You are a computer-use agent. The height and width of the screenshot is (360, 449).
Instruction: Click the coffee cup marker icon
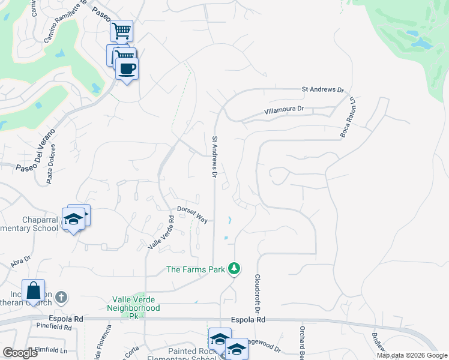click(x=127, y=68)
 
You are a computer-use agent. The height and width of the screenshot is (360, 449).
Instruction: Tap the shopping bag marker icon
click(x=34, y=290)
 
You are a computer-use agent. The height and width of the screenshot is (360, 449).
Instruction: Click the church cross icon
click(x=61, y=296)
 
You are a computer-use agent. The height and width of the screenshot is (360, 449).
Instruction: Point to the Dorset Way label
click(x=192, y=215)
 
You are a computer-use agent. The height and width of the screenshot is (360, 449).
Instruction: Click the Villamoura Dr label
click(x=285, y=110)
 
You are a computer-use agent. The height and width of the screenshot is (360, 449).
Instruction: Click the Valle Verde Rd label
click(x=161, y=233)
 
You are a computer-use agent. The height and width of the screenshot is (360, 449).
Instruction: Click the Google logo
click(x=19, y=353)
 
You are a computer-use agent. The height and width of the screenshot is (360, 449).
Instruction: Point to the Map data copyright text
click(x=411, y=355)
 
